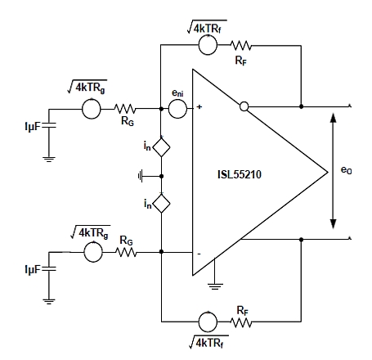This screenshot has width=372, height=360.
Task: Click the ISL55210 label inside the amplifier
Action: [x=240, y=174]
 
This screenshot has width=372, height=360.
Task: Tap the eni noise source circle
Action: [x=177, y=109]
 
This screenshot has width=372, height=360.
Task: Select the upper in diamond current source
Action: [x=161, y=147]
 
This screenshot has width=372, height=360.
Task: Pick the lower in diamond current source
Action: [x=161, y=204]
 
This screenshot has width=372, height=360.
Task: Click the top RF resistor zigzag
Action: [x=241, y=45]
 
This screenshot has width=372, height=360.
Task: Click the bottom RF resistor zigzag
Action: [x=241, y=322]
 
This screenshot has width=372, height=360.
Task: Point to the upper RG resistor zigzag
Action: [x=125, y=109]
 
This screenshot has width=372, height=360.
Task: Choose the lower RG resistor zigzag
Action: [x=127, y=252]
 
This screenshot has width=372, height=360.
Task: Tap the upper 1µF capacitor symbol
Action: [x=49, y=125]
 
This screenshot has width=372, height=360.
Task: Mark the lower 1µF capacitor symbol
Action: [x=49, y=268]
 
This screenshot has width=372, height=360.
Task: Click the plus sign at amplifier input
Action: [x=199, y=107]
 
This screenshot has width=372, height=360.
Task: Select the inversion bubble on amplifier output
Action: [x=244, y=106]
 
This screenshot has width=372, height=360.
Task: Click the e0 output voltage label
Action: [x=346, y=170]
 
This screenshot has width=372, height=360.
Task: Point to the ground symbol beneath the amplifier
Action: [x=215, y=286]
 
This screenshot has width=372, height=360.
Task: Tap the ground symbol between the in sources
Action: [x=141, y=176]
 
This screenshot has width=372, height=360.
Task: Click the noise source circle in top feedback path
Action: [x=208, y=45]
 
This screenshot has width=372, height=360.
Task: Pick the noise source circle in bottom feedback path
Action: [x=208, y=322]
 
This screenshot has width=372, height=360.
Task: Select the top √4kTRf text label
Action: [x=207, y=27]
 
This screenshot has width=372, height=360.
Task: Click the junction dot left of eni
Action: [x=161, y=109]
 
